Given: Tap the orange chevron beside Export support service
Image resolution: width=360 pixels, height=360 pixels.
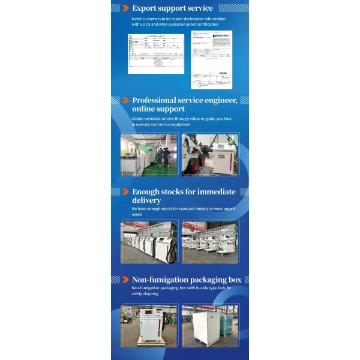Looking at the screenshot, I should (125, 8).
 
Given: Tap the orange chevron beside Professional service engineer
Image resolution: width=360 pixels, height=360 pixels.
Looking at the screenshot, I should (125, 100).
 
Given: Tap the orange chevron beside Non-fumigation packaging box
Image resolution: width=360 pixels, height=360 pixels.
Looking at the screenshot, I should (125, 280).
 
